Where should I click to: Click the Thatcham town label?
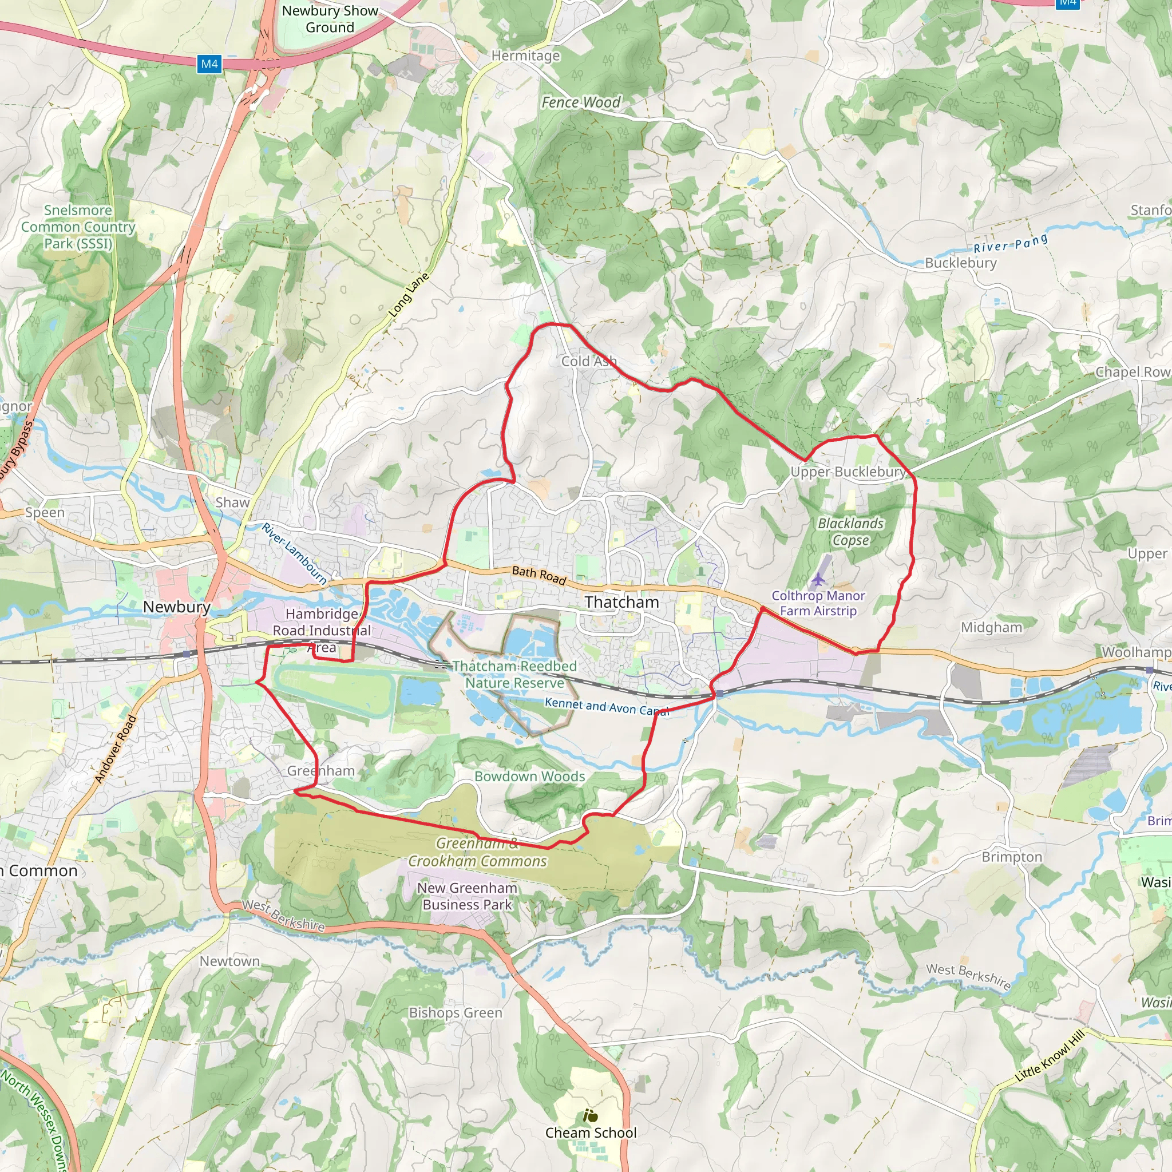622,602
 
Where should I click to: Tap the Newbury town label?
176,607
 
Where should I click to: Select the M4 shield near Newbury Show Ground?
209,64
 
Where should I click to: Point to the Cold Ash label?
588,361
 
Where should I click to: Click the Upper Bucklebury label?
848,472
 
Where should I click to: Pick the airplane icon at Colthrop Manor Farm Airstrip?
818,579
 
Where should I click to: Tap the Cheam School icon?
590,1115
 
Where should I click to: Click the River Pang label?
1011,243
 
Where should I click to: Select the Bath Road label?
539,575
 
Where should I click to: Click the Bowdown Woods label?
529,776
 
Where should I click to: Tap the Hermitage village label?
525,56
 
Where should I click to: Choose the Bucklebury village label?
960,263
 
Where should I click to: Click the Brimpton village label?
1012,857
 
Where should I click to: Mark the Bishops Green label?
456,1012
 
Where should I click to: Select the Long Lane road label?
409,295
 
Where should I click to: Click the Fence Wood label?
581,102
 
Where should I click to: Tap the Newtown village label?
229,961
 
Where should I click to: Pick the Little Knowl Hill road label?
1050,1056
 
